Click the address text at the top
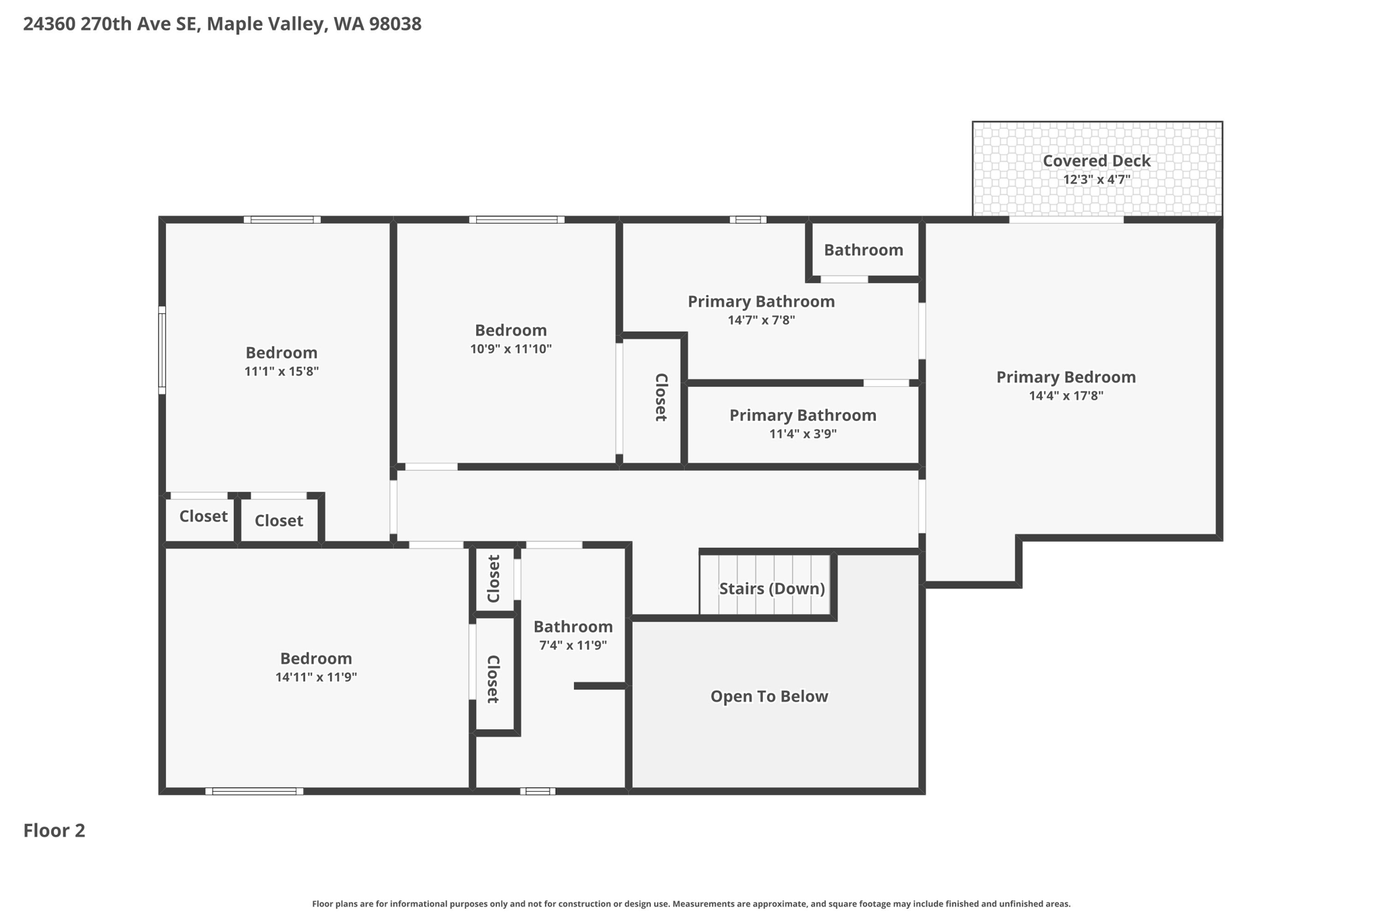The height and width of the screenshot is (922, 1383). (222, 24)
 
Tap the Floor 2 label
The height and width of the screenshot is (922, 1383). (54, 830)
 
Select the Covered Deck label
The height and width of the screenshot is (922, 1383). (1096, 161)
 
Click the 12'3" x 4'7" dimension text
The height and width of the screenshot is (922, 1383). (1096, 180)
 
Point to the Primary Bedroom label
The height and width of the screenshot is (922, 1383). (1066, 377)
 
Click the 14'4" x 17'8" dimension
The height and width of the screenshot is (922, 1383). (1066, 396)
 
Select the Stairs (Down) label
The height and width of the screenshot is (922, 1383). (771, 588)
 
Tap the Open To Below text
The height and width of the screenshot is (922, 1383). (768, 696)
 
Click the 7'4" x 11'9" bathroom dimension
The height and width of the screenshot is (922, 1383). (573, 645)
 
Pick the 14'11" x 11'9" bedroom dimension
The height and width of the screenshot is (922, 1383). (315, 677)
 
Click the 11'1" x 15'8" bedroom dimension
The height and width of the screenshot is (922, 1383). (281, 372)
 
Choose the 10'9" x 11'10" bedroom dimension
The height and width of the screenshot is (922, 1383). (511, 349)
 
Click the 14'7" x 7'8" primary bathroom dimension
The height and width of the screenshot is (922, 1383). (761, 320)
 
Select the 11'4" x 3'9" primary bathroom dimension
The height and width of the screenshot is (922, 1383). (802, 434)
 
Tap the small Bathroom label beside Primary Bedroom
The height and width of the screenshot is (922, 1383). (863, 250)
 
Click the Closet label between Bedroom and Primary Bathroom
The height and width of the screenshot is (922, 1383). (661, 397)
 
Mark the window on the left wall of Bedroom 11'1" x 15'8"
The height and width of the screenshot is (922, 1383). (162, 350)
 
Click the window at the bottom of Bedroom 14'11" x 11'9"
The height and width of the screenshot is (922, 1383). (255, 791)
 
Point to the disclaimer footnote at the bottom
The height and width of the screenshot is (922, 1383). (691, 904)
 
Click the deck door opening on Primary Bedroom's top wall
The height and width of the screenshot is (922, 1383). (1066, 220)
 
